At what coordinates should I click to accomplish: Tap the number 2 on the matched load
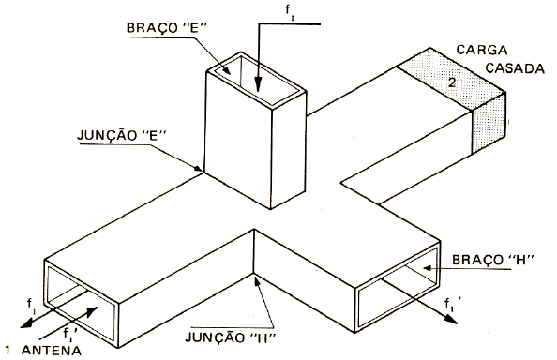pos(451,83)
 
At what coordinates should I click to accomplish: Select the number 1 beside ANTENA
pos(7,351)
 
